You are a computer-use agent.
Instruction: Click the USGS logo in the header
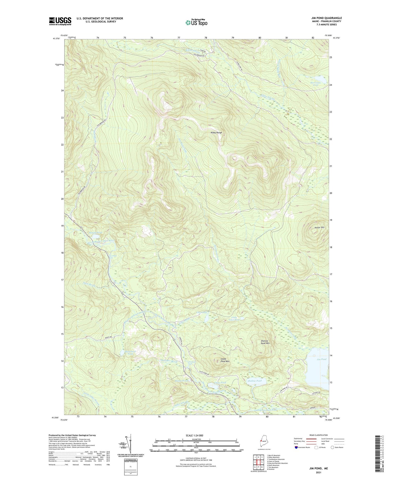[x=60, y=21]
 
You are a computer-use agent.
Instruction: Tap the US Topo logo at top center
[x=196, y=22]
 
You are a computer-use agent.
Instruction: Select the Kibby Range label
[x=216, y=133]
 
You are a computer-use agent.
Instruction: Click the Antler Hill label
[x=319, y=227]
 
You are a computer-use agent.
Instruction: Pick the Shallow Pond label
[x=255, y=381]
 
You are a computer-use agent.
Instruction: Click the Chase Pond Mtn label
[x=223, y=360]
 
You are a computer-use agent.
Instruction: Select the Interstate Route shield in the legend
[x=296, y=447]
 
